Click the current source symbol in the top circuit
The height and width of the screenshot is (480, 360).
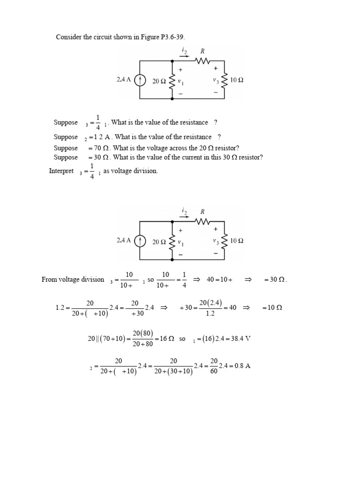click(x=140, y=81)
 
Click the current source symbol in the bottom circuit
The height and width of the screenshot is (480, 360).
click(x=140, y=241)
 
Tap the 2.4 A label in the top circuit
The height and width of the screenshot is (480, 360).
click(x=124, y=80)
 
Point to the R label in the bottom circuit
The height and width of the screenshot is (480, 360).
click(x=202, y=212)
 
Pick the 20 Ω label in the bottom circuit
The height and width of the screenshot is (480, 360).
click(x=159, y=242)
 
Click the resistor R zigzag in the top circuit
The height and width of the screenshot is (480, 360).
click(x=203, y=61)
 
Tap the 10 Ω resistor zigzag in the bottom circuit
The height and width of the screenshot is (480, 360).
click(x=225, y=241)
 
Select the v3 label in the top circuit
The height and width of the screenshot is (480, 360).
click(x=216, y=81)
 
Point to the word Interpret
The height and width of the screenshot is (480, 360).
click(x=61, y=171)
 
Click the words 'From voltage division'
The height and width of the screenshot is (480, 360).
click(x=73, y=279)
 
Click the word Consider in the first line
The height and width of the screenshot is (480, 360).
click(x=68, y=37)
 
